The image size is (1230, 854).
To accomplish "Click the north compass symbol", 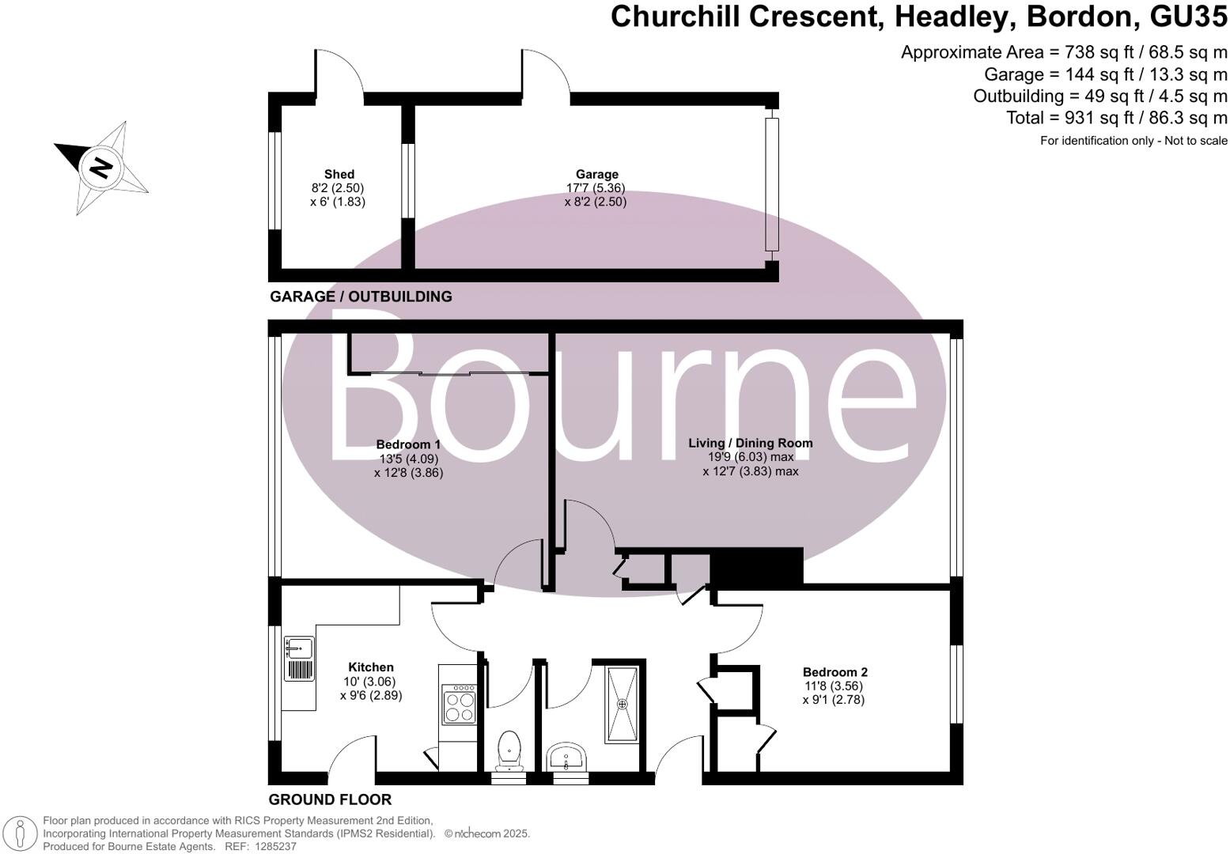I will pos(101,167).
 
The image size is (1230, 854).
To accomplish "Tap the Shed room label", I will pos(339,175).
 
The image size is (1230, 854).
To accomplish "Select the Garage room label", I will pos(596,175).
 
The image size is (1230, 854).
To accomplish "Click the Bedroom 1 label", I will pos(408,445).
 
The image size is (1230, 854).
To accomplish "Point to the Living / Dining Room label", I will pos(750,443).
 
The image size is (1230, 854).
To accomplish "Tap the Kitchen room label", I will pos(371,667).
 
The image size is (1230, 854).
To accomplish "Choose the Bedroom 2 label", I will pos(835,672).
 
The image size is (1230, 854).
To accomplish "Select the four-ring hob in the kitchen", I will pos(459,706).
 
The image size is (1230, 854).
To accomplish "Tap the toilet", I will pos(509,750).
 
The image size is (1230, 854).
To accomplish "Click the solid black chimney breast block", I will pos(756,566).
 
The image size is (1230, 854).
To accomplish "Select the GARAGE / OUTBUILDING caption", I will pos(361,297).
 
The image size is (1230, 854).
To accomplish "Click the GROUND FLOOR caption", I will pos(330,799).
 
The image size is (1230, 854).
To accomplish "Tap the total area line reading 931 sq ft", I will pos(1116,118).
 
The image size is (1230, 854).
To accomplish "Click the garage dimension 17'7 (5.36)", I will pos(595,188).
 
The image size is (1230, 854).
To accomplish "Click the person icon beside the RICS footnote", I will pos(22,833).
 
